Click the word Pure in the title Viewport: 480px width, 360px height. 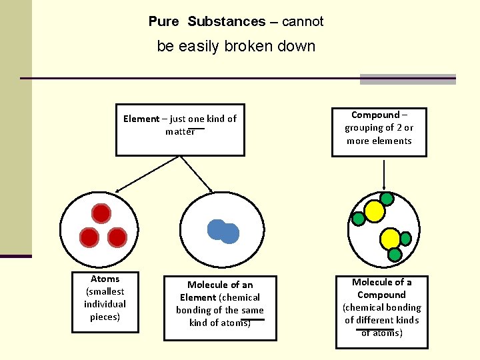pyautogui.click(x=163, y=21)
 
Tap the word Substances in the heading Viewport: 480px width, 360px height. pyautogui.click(x=227, y=21)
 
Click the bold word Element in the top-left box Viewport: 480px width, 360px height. pyautogui.click(x=141, y=119)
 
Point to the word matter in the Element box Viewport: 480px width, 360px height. pyautogui.click(x=180, y=131)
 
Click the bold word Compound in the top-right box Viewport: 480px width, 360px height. pyautogui.click(x=375, y=115)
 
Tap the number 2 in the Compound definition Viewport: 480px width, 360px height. pyautogui.click(x=399, y=127)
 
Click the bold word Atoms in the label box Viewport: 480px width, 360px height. pyautogui.click(x=105, y=279)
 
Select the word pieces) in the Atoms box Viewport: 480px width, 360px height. pyautogui.click(x=105, y=317)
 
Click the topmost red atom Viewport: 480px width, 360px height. pyautogui.click(x=101, y=213)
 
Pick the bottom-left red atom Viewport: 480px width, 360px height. pyautogui.click(x=89, y=237)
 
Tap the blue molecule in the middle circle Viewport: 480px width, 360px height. pyautogui.click(x=223, y=231)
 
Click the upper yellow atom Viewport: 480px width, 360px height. pyautogui.click(x=375, y=211)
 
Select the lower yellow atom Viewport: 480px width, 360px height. pyautogui.click(x=390, y=239)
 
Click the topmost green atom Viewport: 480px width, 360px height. pyautogui.click(x=386, y=198)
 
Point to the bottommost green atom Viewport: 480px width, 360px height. pyautogui.click(x=395, y=255)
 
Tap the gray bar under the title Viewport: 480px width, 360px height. pyautogui.click(x=407, y=79)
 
